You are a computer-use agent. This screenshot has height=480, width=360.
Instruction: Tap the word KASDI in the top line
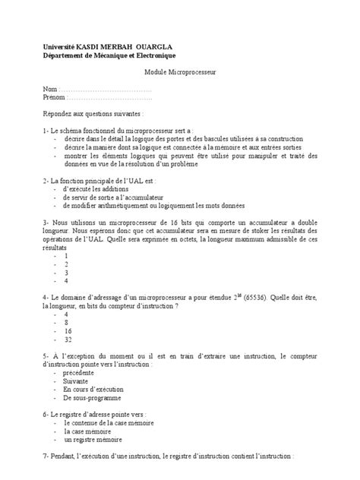[x=88, y=46]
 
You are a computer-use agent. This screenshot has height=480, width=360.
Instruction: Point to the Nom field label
[x=50, y=90]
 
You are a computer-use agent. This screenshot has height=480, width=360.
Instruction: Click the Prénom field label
[x=55, y=98]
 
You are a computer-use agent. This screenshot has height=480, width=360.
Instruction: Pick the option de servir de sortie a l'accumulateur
[x=113, y=197]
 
